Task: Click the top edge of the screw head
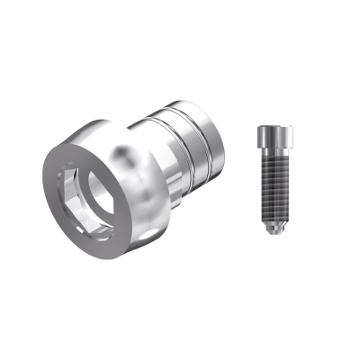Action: pos(274,127)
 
